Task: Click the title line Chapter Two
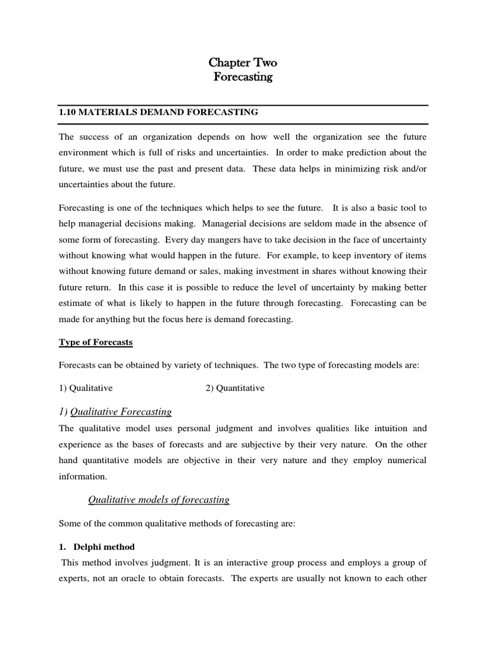[x=243, y=63]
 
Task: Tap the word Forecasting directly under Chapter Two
[x=243, y=77]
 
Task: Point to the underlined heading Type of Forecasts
[x=96, y=342]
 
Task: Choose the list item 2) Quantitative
[x=235, y=388]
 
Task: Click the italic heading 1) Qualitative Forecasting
[x=115, y=412]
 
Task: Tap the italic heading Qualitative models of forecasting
[x=158, y=500]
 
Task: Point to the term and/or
[x=409, y=168]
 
